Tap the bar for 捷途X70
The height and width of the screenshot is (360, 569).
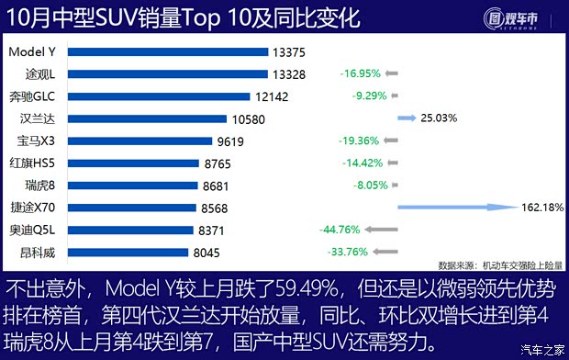(133, 208)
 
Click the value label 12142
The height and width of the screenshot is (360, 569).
(272, 96)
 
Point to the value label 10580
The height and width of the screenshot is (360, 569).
(249, 118)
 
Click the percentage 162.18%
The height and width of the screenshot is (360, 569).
(541, 208)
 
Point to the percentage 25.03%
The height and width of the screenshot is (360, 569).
(439, 118)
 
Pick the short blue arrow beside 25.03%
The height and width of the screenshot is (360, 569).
(407, 118)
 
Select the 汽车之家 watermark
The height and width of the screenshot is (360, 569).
(541, 350)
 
